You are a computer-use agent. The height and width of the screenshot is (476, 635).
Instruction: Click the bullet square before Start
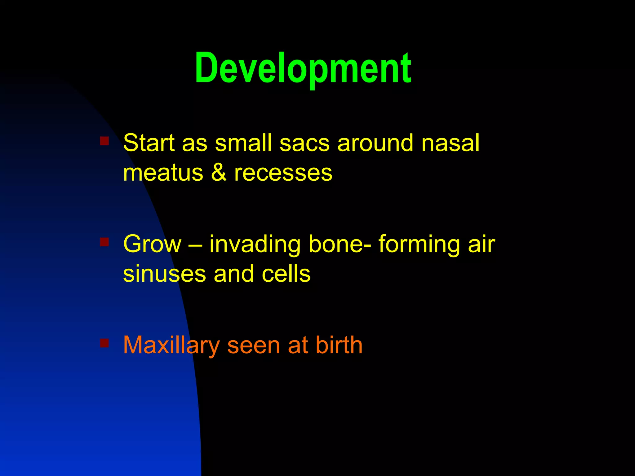coord(104,141)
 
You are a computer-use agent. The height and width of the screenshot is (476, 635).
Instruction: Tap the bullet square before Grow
coord(104,242)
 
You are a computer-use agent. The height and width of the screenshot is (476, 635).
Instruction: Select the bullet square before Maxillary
coord(104,343)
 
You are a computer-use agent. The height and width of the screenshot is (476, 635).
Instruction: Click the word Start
coord(149,143)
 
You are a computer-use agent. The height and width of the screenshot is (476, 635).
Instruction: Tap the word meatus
coord(163,173)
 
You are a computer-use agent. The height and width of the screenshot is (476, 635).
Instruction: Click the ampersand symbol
coord(219,173)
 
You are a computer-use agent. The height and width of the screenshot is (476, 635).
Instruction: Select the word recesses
coord(283,173)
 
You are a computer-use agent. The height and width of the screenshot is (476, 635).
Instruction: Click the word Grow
coord(152,244)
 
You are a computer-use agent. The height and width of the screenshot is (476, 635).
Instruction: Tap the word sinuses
coord(164,274)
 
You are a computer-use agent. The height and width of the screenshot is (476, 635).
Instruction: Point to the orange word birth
coord(339,345)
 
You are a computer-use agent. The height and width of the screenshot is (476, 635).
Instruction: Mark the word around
coord(375,143)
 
